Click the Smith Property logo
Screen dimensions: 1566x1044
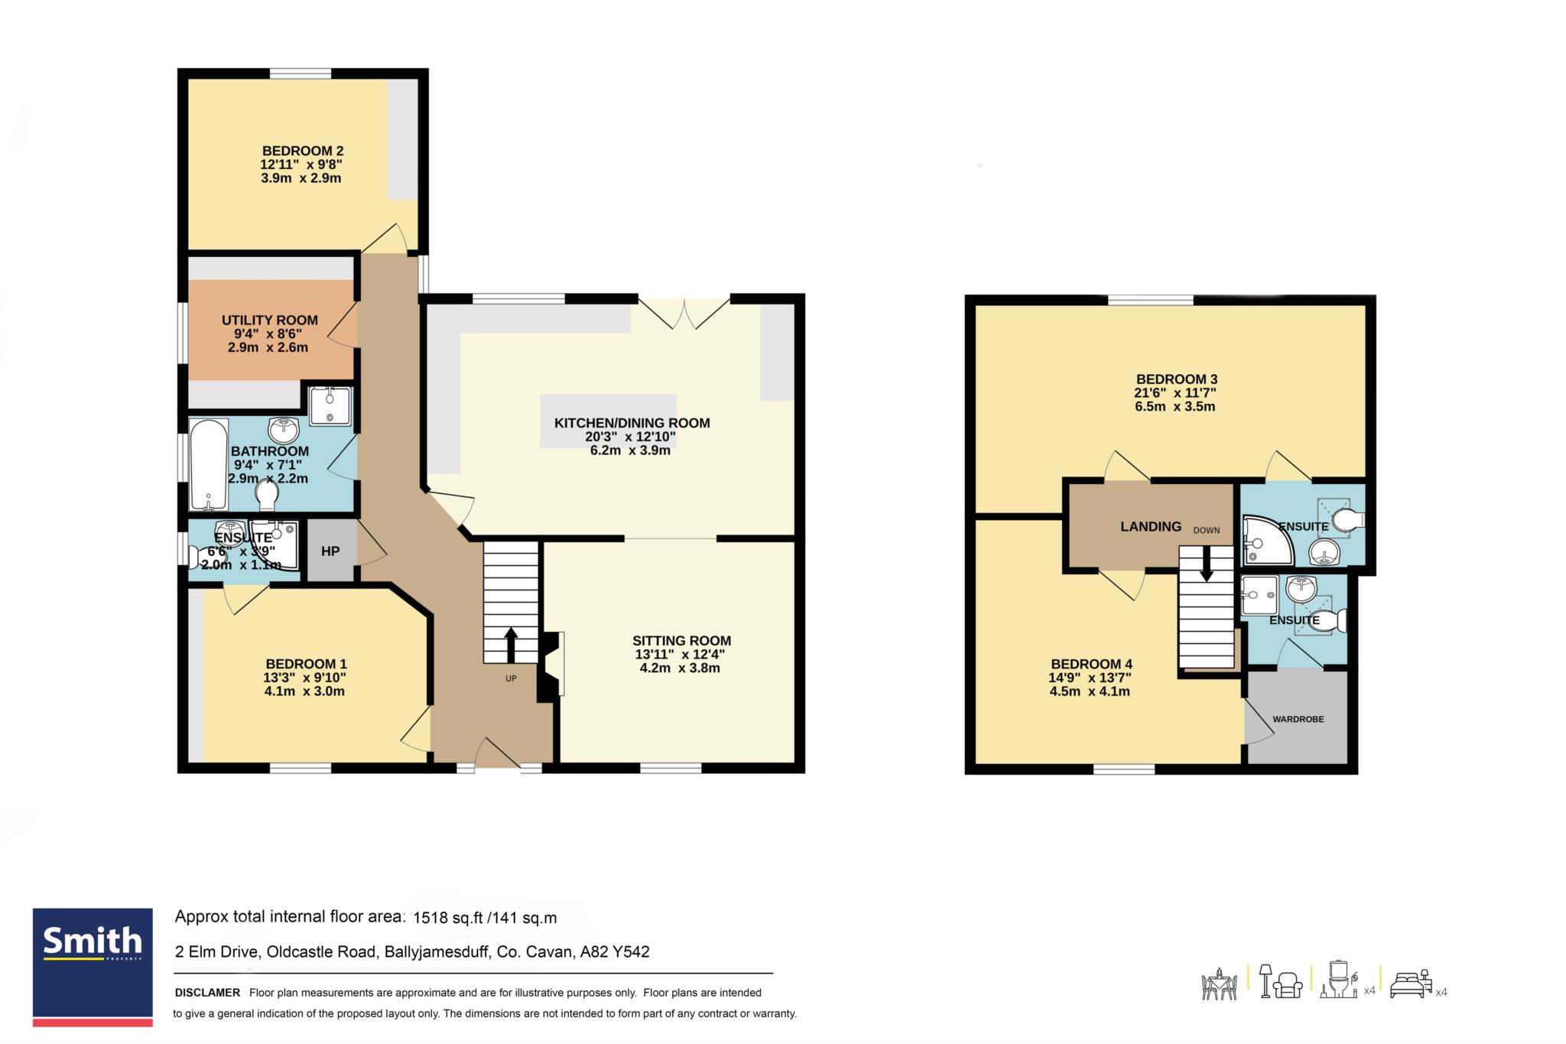click(x=93, y=966)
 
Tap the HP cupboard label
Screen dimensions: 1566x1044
click(x=330, y=551)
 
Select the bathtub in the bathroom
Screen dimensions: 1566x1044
click(x=209, y=464)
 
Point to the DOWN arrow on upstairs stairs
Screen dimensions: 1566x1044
click(x=1207, y=564)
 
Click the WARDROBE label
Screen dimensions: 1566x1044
click(x=1298, y=720)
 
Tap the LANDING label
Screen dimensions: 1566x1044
click(x=1151, y=526)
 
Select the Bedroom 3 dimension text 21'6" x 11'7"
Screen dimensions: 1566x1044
click(x=1175, y=393)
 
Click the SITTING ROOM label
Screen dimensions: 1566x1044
click(x=681, y=641)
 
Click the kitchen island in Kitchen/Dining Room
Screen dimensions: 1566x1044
click(x=608, y=421)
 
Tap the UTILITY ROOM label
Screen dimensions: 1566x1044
click(x=270, y=320)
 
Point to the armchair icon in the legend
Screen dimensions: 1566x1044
click(x=1289, y=984)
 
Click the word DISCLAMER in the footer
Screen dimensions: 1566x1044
click(x=207, y=993)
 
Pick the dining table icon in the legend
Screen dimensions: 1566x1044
click(x=1220, y=984)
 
